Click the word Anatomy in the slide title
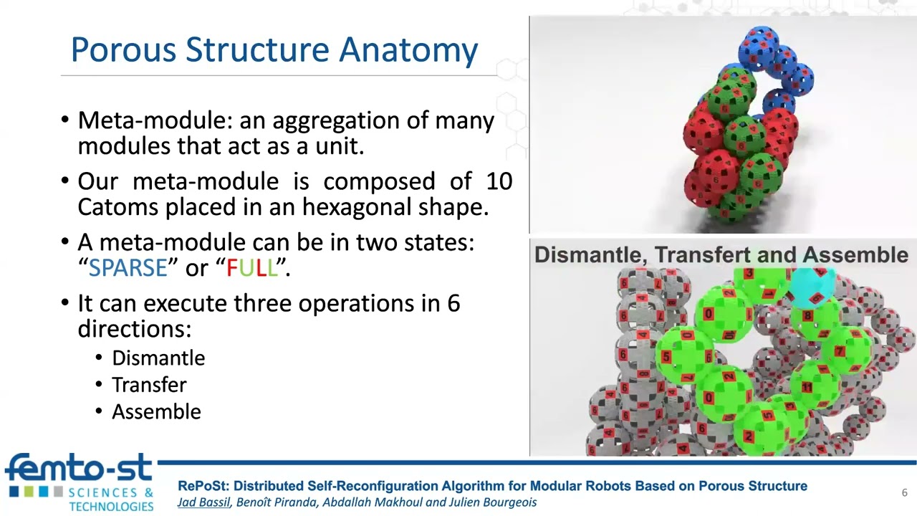pyautogui.click(x=408, y=51)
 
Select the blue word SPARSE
pyautogui.click(x=128, y=268)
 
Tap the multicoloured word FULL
pyautogui.click(x=251, y=268)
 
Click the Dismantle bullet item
pyautogui.click(x=158, y=358)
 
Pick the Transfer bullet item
pyautogui.click(x=149, y=385)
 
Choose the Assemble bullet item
pyautogui.click(x=156, y=411)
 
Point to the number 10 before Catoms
pyautogui.click(x=499, y=181)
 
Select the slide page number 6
pyautogui.click(x=904, y=492)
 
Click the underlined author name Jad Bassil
pyautogui.click(x=203, y=502)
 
